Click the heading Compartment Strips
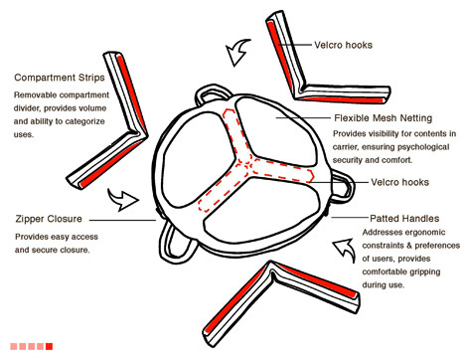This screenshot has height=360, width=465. point(60,78)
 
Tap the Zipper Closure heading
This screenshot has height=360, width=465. point(49,219)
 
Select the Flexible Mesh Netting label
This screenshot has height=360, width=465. point(384,118)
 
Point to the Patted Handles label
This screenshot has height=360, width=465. point(404,219)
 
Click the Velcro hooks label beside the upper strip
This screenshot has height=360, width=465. point(343,45)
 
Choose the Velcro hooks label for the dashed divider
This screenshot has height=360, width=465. point(399,182)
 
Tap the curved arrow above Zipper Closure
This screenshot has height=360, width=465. point(122,200)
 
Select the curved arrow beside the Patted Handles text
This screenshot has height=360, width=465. point(346,250)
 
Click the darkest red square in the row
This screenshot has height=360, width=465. point(49,346)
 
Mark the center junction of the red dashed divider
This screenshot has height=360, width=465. point(246,163)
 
